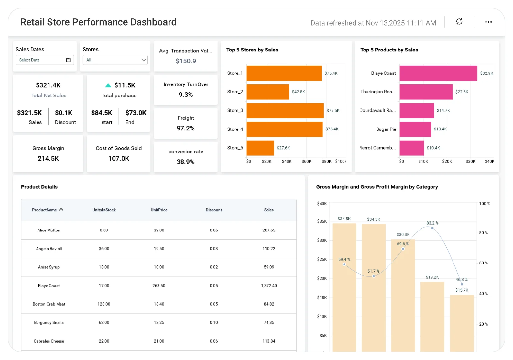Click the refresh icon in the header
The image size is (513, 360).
(459, 22)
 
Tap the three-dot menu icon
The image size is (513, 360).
(488, 22)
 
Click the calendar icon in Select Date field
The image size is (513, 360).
(68, 60)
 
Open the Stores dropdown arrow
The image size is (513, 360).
(144, 60)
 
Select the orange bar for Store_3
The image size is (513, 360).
(285, 111)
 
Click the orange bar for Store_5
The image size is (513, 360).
(260, 148)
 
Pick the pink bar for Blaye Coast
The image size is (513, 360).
(438, 73)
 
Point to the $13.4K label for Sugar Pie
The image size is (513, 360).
(440, 129)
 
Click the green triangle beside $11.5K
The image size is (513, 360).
(108, 85)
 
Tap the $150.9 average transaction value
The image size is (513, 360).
(186, 61)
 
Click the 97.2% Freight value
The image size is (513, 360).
(186, 128)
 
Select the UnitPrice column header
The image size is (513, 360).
(159, 210)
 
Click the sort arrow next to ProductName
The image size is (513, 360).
(61, 210)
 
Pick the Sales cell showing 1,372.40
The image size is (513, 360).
(269, 286)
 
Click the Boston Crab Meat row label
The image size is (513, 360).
(49, 304)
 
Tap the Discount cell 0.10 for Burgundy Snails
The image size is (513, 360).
(214, 322)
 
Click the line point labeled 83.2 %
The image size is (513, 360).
(432, 228)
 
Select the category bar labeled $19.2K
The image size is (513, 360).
(432, 316)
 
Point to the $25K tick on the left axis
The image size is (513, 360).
(322, 259)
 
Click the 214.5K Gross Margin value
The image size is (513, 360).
(48, 159)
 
